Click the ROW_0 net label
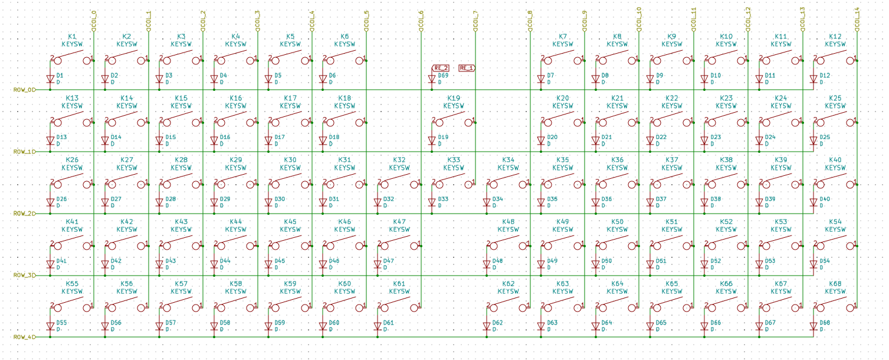point(24,90)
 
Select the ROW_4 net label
point(24,337)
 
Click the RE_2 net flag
point(441,68)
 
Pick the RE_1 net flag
point(467,68)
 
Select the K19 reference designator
point(454,98)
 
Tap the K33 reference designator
point(454,160)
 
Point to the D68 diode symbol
point(813,326)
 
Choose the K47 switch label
point(399,222)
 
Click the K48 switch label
point(508,222)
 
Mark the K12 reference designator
point(835,37)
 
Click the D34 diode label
point(497,199)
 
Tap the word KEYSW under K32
point(399,168)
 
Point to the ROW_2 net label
point(24,213)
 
